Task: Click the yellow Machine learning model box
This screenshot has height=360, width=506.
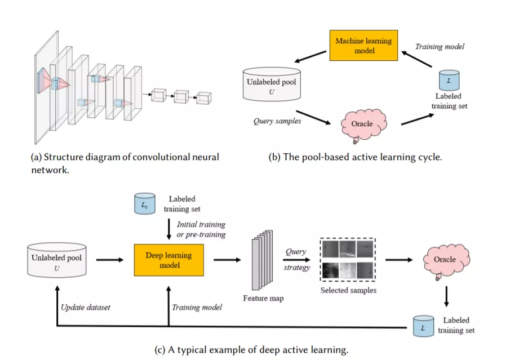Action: pos(363,46)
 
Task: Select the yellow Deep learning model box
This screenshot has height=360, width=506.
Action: pos(169,260)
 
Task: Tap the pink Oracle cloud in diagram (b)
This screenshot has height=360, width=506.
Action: pos(363,125)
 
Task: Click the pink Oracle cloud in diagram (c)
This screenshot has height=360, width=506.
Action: pos(446,261)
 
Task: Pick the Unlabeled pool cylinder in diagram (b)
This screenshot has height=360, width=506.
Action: pos(272,85)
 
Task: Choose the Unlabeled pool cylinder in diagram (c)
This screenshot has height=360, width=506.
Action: pos(57,260)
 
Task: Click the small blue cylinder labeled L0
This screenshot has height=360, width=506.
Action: pos(145,204)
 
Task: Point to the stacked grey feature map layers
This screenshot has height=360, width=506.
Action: pos(262,260)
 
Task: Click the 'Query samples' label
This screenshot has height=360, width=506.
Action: pos(277,121)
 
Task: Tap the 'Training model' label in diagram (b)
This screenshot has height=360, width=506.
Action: pos(440,46)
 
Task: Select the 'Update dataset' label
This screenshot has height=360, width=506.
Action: pos(86,308)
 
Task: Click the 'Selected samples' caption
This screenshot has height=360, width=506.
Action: pos(349,290)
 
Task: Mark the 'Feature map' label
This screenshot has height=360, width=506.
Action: pos(263,299)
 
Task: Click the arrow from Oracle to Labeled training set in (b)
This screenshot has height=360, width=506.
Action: pos(418,119)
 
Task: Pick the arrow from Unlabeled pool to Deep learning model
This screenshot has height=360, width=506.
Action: pos(110,260)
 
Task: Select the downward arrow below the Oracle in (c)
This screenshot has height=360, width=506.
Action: pos(446,296)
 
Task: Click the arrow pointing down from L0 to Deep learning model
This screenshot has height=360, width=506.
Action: pos(168,229)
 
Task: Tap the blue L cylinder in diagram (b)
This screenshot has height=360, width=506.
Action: pos(449,81)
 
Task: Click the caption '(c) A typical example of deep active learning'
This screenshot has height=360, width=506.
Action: pos(251,350)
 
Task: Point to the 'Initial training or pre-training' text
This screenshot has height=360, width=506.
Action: pos(201,229)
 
